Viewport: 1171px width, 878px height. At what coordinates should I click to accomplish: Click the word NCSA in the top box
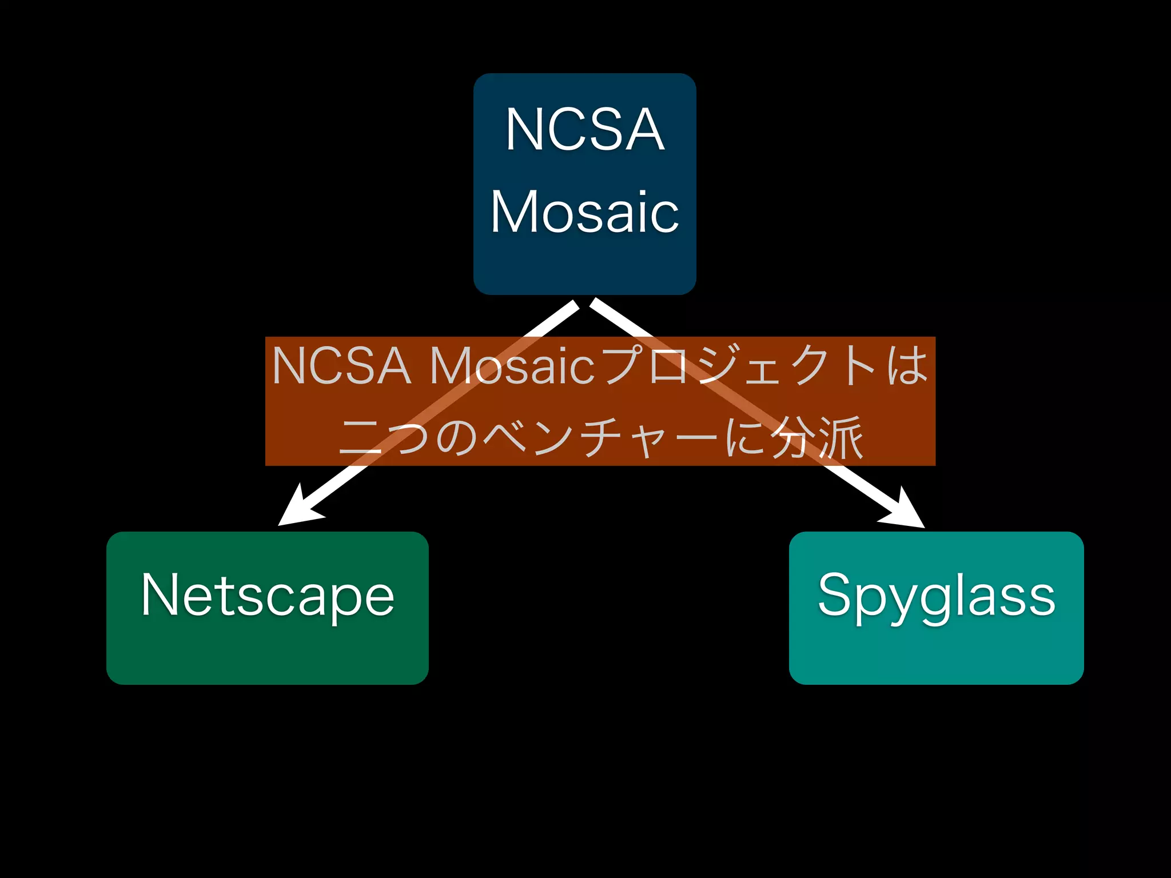tap(584, 130)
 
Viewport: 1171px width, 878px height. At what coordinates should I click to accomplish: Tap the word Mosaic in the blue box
tap(584, 212)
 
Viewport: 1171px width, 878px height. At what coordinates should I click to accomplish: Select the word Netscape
tap(268, 596)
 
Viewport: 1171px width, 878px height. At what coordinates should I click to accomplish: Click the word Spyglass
tap(936, 596)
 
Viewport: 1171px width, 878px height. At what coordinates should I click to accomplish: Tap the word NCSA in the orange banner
tap(342, 366)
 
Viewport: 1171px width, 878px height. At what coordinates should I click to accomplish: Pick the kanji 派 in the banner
tap(841, 437)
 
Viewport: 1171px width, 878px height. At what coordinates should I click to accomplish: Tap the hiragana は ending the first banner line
tap(907, 366)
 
